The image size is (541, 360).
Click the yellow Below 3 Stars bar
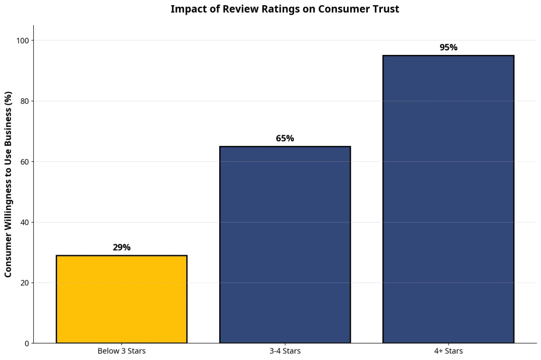pos(122,299)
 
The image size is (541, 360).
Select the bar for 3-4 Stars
pos(285,245)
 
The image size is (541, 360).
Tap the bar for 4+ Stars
pos(448,199)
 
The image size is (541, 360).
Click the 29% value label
pos(122,247)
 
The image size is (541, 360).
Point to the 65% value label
pos(285,139)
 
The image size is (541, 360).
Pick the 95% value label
pos(448,48)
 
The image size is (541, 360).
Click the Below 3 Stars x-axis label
pos(122,351)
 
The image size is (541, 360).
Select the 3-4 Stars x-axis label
pos(285,351)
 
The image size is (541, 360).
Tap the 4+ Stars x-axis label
pos(448,351)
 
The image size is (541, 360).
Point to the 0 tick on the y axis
pos(26,344)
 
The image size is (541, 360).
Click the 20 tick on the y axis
pos(24,283)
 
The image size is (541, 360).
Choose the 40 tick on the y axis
pos(24,223)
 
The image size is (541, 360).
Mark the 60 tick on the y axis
pos(24,162)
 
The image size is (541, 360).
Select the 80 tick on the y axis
pos(24,101)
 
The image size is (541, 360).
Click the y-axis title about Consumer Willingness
pos(8,184)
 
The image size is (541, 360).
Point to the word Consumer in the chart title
pos(340,9)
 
